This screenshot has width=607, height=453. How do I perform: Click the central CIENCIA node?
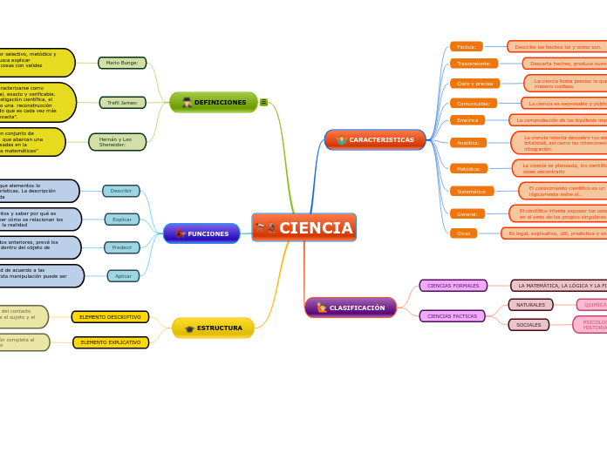pos(303,227)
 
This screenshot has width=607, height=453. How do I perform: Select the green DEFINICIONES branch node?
pos(214,102)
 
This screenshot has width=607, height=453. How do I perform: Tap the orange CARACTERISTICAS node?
pos(375,139)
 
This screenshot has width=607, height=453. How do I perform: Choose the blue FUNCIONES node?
pos(201,233)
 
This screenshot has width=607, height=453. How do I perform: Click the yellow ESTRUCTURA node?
pos(213,328)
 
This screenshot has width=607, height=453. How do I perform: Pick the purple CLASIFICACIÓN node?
pos(351,308)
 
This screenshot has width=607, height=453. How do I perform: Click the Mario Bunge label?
pos(122,63)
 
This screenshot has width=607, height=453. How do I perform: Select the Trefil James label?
pos(122,103)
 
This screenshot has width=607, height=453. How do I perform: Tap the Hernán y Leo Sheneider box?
pos(117,142)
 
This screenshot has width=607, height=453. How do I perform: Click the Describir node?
pos(121,191)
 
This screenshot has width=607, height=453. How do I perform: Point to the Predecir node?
pos(122,247)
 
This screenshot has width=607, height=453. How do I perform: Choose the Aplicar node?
pos(123,276)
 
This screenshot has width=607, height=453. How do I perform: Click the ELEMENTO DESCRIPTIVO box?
pos(110,317)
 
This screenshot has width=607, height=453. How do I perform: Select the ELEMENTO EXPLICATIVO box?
pos(110,342)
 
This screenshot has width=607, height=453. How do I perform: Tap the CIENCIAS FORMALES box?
pos(453,286)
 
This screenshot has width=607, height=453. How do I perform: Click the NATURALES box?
pos(530,305)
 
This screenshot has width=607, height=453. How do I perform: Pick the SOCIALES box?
pos(529,325)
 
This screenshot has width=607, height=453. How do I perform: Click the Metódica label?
pos(469,168)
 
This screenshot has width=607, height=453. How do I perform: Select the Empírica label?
pos(467,120)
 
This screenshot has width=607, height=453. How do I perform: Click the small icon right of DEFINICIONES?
pos(263,102)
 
